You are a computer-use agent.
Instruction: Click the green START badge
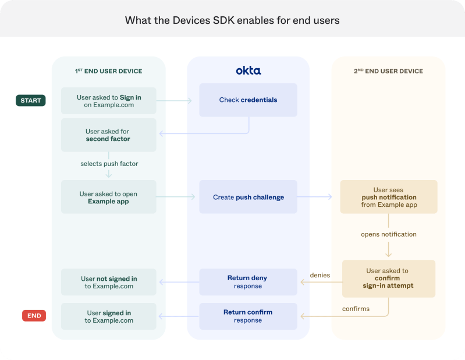click(30, 100)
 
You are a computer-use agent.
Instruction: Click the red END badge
click(34, 316)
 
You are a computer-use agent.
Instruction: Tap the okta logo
click(249, 70)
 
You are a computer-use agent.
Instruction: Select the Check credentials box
click(249, 100)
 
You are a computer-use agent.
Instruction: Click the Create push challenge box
click(249, 197)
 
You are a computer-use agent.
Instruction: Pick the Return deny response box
click(249, 282)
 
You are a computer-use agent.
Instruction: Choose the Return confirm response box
click(249, 316)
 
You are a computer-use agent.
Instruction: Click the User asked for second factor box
click(109, 135)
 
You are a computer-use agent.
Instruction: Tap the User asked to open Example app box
click(109, 197)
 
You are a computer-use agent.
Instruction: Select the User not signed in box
click(109, 282)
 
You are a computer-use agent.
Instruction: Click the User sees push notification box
click(389, 197)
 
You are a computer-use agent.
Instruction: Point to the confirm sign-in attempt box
click(389, 278)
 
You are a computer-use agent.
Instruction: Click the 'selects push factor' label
click(109, 164)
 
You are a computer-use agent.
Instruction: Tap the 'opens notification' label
click(389, 234)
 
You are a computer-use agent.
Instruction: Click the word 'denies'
click(320, 275)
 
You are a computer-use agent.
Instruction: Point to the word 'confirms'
click(356, 309)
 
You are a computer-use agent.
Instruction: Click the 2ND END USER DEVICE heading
click(389, 71)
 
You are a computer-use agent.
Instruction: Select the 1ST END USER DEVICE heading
click(109, 71)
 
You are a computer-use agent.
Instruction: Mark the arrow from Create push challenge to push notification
click(314, 196)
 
